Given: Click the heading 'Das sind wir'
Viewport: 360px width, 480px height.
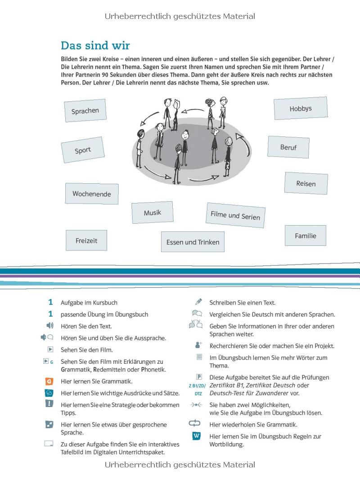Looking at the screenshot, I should tap(95, 45).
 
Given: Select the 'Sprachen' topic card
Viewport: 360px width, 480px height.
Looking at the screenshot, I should tap(85, 111).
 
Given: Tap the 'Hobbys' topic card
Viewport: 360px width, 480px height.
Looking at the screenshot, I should tap(301, 109).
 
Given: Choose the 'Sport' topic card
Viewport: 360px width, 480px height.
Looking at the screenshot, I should tap(83, 150).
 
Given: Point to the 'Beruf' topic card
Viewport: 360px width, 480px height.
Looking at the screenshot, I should tap(288, 147).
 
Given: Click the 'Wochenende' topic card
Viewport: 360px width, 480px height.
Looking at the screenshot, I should tap(92, 194).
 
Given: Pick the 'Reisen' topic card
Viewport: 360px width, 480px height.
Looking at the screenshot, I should tap(306, 183).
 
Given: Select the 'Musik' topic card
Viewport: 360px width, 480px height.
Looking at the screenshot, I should tap(152, 213).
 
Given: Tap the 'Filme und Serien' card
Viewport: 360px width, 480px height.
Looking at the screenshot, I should tap(235, 215).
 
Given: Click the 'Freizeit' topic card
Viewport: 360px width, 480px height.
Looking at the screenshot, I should tap(86, 240).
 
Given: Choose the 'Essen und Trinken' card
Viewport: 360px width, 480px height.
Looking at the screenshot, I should tap(193, 242).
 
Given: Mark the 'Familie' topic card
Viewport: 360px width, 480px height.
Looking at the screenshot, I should tap(306, 235).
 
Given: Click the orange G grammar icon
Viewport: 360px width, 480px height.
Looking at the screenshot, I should tap(49, 381).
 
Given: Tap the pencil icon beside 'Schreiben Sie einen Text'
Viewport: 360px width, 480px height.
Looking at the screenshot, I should tap(198, 302).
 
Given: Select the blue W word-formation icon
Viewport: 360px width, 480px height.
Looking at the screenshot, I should tap(197, 436).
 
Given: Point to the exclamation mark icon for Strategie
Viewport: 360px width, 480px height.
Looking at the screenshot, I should tap(49, 404).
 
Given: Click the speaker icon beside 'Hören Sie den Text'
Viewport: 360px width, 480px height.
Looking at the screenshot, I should tap(50, 326).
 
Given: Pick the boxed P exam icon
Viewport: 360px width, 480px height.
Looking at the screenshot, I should tap(198, 377).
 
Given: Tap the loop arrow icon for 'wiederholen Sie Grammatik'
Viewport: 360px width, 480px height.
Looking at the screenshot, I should tap(194, 423).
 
